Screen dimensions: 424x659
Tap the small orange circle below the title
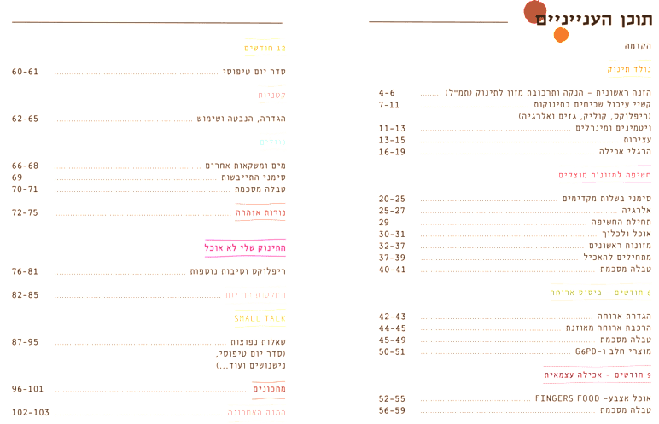click(561, 34)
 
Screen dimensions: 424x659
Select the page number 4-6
click(387, 91)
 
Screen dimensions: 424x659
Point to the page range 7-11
click(388, 104)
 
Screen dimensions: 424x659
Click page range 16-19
click(392, 152)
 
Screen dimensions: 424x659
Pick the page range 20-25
click(391, 198)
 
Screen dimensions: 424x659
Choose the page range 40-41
click(391, 269)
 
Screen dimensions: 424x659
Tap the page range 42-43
click(392, 316)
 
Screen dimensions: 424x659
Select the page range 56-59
click(392, 409)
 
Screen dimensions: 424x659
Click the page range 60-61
click(26, 71)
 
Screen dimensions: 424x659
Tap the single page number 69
click(17, 177)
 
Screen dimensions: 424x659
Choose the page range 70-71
click(26, 189)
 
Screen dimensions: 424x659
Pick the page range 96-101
click(27, 388)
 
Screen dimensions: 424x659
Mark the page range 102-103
click(30, 412)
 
